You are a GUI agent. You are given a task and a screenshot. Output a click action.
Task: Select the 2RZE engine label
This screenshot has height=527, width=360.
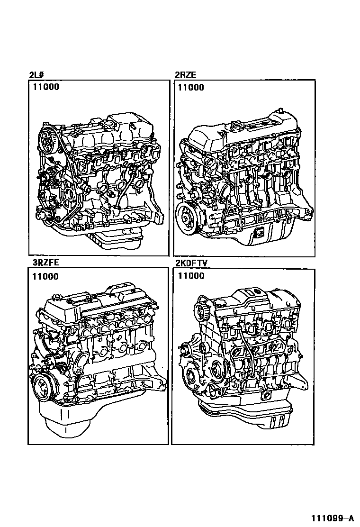(185, 74)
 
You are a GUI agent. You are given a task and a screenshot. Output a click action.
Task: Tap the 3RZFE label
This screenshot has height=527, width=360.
(45, 262)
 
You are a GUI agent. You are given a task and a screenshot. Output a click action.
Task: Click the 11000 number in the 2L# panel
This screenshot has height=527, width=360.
(46, 87)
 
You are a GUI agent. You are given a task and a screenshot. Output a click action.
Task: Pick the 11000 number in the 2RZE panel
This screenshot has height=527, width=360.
(191, 87)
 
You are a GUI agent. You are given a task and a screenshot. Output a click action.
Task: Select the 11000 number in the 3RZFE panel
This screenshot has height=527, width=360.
(45, 277)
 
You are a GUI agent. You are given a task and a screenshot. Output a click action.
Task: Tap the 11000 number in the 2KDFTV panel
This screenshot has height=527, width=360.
(191, 276)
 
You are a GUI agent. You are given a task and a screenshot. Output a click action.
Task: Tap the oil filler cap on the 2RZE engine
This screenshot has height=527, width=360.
(236, 128)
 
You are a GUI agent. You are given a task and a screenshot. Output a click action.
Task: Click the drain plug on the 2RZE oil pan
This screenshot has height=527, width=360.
(259, 232)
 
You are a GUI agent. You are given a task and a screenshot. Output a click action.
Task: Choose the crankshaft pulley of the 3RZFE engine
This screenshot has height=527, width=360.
(43, 388)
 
